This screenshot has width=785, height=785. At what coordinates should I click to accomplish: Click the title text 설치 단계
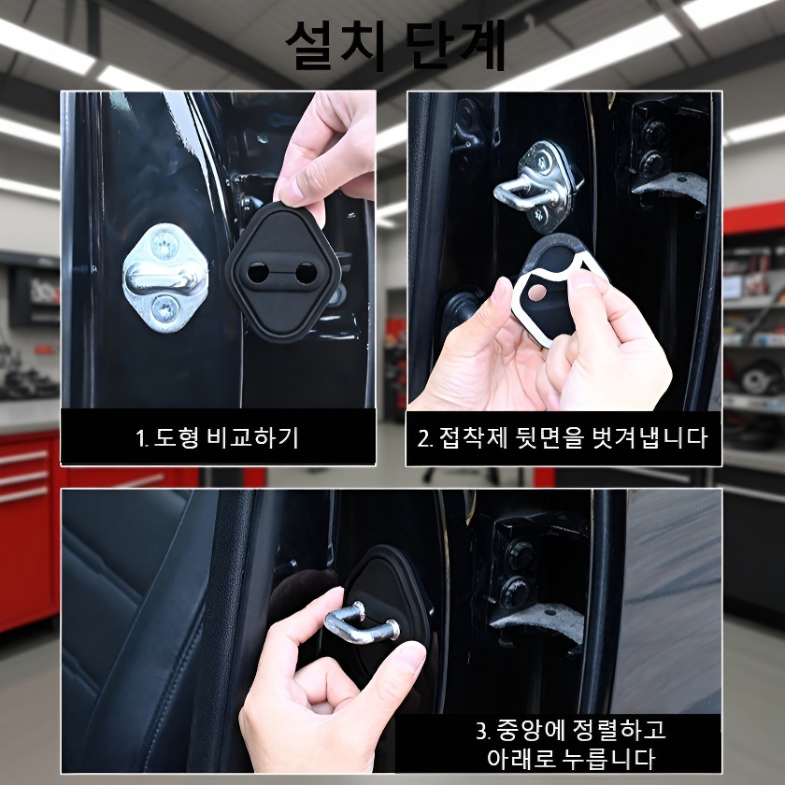395,45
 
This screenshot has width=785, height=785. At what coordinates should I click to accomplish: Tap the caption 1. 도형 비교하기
218,438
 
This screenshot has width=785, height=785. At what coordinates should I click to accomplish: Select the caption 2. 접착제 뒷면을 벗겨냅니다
563,438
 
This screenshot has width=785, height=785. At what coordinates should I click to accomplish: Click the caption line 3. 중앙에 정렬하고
571,731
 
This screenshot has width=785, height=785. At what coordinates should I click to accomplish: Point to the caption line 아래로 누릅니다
571,759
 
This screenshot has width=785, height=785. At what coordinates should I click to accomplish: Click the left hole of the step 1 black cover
258,272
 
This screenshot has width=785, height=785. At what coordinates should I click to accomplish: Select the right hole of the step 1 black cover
306,272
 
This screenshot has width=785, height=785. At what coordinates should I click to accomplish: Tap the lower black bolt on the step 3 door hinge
516,592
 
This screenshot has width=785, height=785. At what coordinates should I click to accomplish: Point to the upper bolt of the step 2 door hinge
654,131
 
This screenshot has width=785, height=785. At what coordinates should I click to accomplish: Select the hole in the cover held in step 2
536,293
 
